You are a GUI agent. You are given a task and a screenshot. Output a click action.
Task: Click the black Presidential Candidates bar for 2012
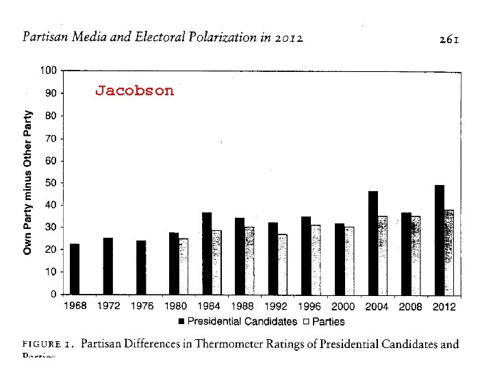(x=439, y=240)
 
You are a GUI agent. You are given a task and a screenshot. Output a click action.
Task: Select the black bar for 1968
(x=75, y=269)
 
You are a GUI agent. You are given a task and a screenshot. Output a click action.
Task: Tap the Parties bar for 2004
(x=382, y=255)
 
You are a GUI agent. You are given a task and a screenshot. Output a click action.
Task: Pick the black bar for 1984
(x=207, y=254)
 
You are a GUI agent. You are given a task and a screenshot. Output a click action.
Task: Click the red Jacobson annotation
(x=134, y=90)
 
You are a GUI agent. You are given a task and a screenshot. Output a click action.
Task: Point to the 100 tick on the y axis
(x=48, y=71)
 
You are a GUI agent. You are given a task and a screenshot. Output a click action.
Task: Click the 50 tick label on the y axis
(x=50, y=183)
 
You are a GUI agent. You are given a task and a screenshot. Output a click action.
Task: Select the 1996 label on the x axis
(x=310, y=307)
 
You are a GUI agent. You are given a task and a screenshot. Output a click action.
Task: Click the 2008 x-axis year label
(x=410, y=307)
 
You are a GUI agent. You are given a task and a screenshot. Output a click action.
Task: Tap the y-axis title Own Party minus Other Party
(x=28, y=182)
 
